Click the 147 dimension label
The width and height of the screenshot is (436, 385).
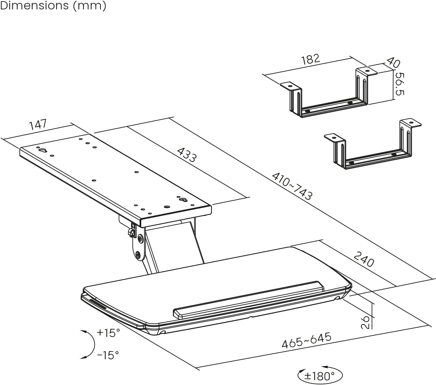coord(38,124)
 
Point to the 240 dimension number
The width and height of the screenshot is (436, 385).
coord(364,259)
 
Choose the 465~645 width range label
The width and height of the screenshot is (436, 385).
coord(306,340)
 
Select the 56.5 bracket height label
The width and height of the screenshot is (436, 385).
coord(400,84)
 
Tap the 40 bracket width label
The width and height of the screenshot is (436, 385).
coord(393,62)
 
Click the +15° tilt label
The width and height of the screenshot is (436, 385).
coord(108,333)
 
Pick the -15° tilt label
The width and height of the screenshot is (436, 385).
coord(108,355)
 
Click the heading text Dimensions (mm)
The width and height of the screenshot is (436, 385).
coord(53,6)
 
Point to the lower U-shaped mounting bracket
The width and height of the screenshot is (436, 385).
coord(372,146)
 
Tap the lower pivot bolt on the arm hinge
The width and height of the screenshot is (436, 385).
coord(138,255)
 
